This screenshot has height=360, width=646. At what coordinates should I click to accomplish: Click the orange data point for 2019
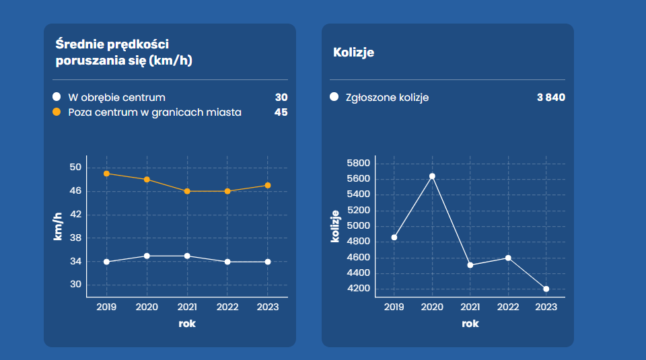pyautogui.click(x=106, y=174)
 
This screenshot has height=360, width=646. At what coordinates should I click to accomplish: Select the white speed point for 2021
pyautogui.click(x=187, y=256)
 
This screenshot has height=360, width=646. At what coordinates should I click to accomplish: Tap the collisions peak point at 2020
pyautogui.click(x=432, y=176)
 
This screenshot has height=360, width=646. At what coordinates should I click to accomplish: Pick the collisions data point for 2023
pyautogui.click(x=546, y=289)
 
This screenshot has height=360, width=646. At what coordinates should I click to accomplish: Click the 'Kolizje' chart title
pyautogui.click(x=353, y=52)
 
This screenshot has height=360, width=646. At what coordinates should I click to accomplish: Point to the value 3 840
pyautogui.click(x=550, y=98)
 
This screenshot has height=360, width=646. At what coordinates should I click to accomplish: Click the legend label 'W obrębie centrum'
pyautogui.click(x=116, y=98)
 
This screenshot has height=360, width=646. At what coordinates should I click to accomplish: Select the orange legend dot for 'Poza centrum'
pyautogui.click(x=57, y=112)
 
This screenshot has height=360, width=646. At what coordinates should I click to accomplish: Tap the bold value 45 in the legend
pyautogui.click(x=281, y=112)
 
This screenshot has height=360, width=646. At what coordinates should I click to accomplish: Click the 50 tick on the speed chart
pyautogui.click(x=75, y=168)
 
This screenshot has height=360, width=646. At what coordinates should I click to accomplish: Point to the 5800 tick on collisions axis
pyautogui.click(x=359, y=163)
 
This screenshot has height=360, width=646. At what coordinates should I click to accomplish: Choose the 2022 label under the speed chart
pyautogui.click(x=227, y=307)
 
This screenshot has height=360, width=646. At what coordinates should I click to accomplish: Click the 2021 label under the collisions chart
pyautogui.click(x=470, y=307)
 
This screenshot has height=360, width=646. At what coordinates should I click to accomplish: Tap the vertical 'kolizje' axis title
pyautogui.click(x=334, y=225)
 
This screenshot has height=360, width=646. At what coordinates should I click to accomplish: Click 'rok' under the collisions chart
pyautogui.click(x=470, y=324)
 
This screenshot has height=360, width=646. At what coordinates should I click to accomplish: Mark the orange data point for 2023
pyautogui.click(x=268, y=185)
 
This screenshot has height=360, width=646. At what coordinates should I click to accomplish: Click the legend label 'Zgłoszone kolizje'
pyautogui.click(x=386, y=98)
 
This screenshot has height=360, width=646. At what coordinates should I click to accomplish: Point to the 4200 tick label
pyautogui.click(x=359, y=289)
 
